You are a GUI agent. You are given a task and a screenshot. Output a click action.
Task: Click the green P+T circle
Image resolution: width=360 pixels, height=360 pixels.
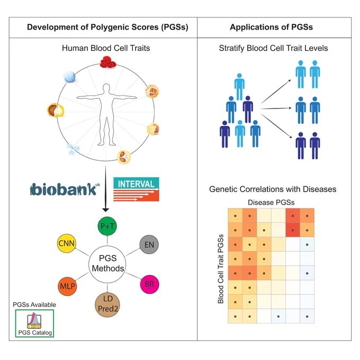pyautogui.click(x=107, y=226)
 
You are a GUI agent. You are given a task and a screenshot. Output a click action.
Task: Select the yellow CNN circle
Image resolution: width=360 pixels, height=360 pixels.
pyautogui.click(x=67, y=244)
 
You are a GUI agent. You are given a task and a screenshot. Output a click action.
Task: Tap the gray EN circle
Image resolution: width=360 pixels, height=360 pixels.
pyautogui.click(x=149, y=245)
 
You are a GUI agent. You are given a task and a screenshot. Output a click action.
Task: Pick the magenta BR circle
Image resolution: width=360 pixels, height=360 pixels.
pyautogui.click(x=149, y=284)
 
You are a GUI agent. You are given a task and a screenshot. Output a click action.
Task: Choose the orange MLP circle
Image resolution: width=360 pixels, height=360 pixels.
pyautogui.click(x=67, y=286)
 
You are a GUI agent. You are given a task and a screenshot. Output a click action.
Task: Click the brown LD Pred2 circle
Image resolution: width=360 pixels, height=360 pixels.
pyautogui.click(x=107, y=305)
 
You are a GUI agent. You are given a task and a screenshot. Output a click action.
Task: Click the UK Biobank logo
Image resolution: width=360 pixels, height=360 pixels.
pyautogui.click(x=65, y=189)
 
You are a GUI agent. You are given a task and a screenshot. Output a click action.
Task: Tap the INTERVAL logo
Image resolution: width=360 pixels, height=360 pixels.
pyautogui.click(x=136, y=189)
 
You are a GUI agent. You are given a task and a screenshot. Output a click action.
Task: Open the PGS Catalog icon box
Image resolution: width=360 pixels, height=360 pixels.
pyautogui.click(x=34, y=323)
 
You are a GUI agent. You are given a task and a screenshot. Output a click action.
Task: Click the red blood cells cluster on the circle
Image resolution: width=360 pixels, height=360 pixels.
pyautogui.click(x=108, y=62)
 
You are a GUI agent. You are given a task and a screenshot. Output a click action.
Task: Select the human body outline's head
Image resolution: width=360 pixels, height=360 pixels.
pyautogui.click(x=106, y=88)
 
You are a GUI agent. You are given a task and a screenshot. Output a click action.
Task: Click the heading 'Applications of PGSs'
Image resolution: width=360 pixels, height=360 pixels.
pyautogui.click(x=271, y=27)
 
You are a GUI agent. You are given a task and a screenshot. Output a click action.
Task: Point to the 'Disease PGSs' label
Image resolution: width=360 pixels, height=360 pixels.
pyautogui.click(x=271, y=202)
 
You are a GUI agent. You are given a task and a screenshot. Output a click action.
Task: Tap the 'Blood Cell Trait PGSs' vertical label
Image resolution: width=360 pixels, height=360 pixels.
pyautogui.click(x=220, y=269)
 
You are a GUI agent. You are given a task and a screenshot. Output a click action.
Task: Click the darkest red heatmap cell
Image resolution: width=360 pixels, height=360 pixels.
pyautogui.click(x=293, y=230)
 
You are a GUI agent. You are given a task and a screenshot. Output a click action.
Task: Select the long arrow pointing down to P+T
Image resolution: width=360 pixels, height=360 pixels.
pyautogui.click(x=105, y=188)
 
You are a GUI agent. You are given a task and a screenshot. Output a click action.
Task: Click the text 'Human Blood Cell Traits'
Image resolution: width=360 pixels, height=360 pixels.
pyautogui.click(x=106, y=48)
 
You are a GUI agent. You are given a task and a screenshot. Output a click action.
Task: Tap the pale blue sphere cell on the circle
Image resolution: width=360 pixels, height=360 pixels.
pyautogui.click(x=70, y=76)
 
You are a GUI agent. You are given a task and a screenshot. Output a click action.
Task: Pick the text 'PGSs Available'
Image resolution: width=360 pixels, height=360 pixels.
pyautogui.click(x=34, y=304)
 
